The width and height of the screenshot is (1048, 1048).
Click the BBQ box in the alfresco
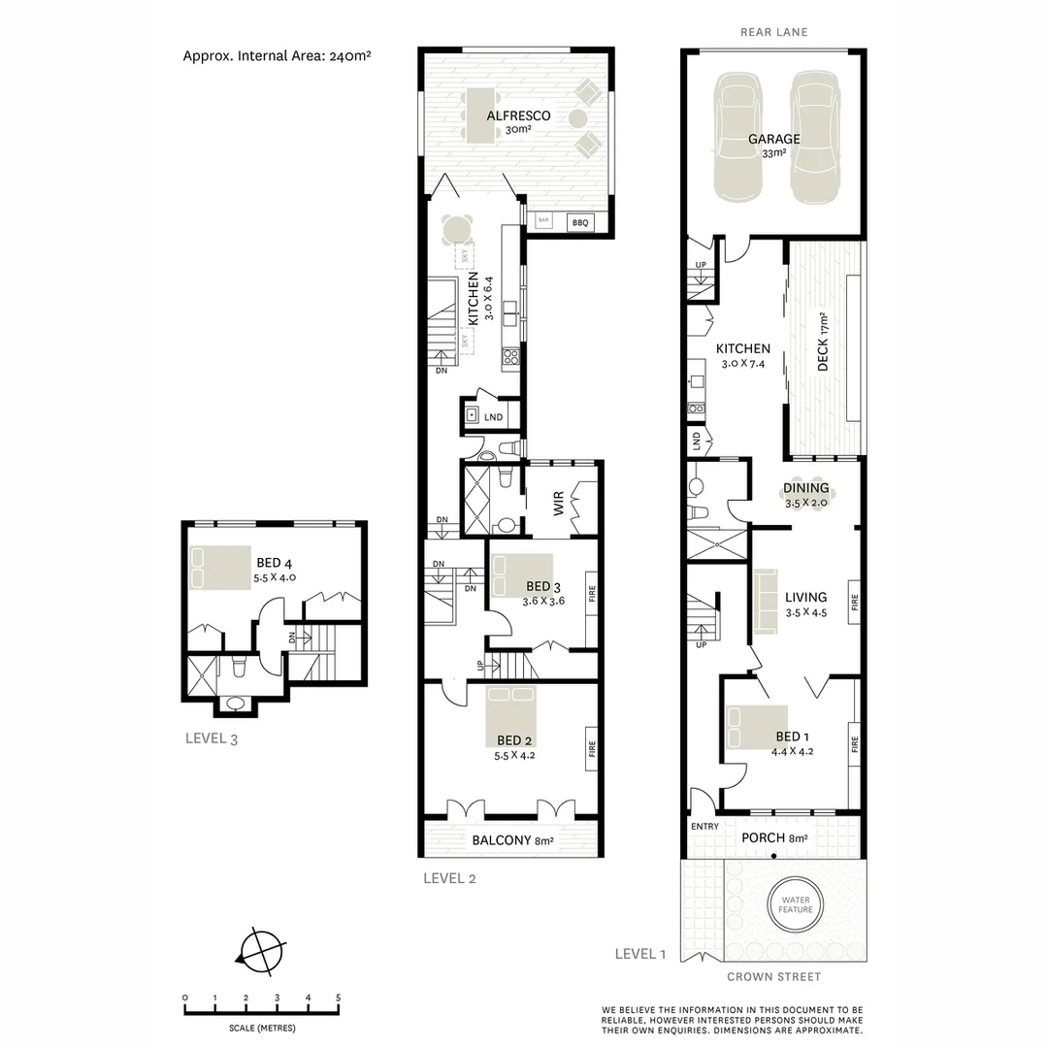coord(580,222)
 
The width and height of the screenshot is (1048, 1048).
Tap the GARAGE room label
coord(773,140)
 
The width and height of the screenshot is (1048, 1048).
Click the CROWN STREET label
coord(773,977)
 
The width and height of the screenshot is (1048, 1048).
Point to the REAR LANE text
coord(773,32)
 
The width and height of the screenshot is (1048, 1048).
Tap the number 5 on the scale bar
coord(338,998)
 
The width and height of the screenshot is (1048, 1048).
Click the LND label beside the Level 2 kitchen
coord(493,416)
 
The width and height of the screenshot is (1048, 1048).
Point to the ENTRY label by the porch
coord(705,827)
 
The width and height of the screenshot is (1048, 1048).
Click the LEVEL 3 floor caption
coord(212,738)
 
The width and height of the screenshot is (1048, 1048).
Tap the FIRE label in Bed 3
coord(591,593)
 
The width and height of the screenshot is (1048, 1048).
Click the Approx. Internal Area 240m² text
coord(278,55)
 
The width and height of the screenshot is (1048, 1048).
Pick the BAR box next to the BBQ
coord(544,221)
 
